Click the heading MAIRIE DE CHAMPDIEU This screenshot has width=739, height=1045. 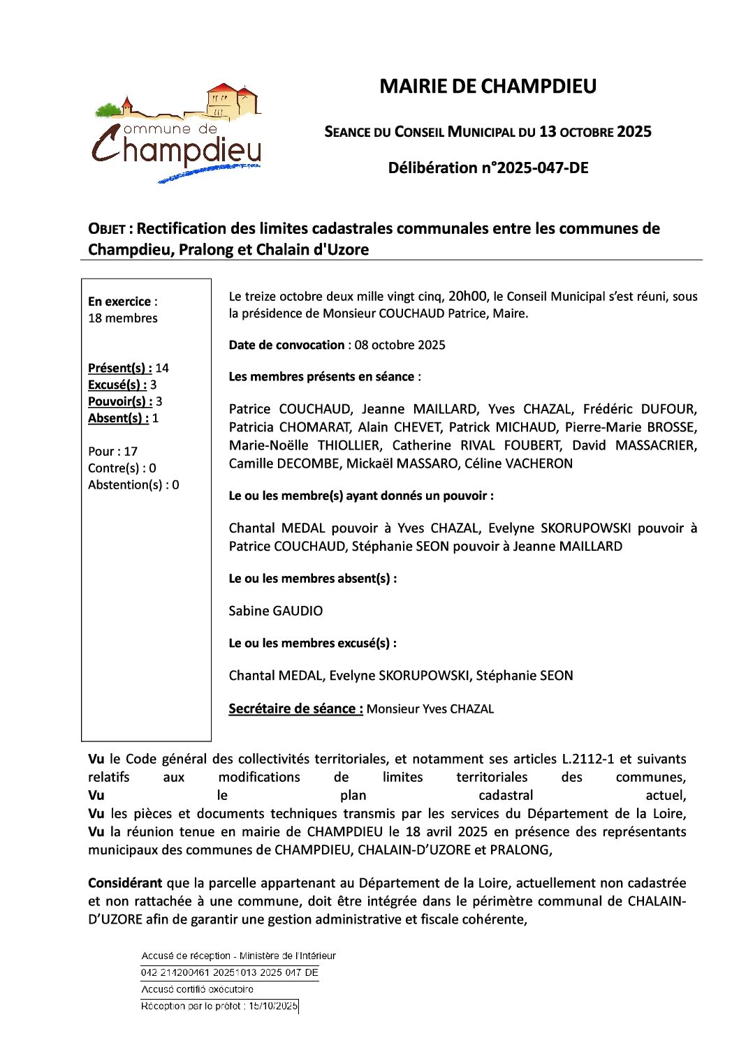click(x=488, y=87)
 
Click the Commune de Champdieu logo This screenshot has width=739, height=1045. click(x=177, y=133)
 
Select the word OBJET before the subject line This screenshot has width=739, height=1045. click(x=106, y=229)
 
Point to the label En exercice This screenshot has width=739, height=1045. click(x=119, y=302)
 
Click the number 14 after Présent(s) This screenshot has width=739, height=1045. click(x=162, y=368)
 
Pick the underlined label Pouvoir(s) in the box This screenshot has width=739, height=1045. click(x=120, y=401)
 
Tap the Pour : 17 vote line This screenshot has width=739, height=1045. click(x=112, y=452)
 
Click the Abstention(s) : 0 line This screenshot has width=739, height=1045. click(x=133, y=485)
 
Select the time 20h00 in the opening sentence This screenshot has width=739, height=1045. click(x=467, y=296)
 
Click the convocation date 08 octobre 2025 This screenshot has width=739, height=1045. click(x=400, y=345)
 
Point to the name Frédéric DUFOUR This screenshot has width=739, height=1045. click(x=640, y=409)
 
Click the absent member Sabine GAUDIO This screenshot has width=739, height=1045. click(x=276, y=611)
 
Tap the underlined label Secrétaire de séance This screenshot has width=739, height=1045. click(x=295, y=709)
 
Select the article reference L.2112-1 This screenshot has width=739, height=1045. click(x=589, y=759)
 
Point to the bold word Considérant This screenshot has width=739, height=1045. click(x=125, y=883)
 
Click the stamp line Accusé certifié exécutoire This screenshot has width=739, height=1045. click(x=198, y=989)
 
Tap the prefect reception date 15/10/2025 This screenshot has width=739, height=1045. click(x=273, y=1006)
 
